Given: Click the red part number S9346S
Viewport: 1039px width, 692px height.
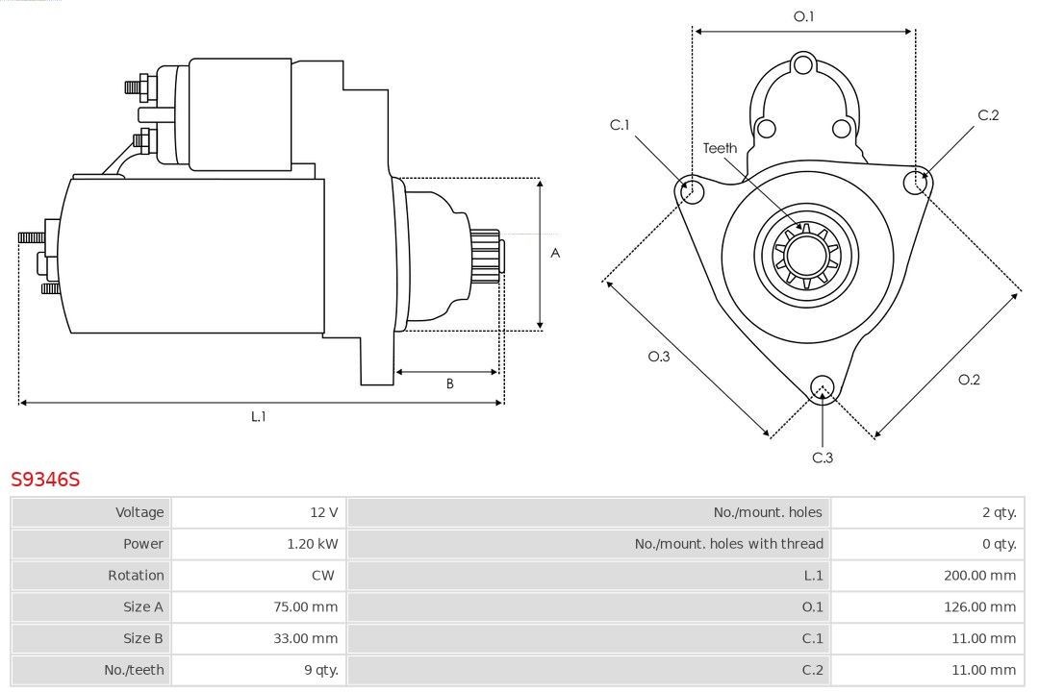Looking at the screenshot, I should pos(45,479).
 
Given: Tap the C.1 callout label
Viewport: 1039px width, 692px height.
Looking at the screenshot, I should pos(620,125).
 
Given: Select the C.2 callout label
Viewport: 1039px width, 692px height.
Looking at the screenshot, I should pos(988,115).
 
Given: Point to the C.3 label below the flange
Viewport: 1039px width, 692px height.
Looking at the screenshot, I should pos(822,457).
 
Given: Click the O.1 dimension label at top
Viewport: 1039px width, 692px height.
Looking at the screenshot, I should pos(803,16).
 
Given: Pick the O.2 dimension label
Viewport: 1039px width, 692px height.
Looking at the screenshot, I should pos(969,380).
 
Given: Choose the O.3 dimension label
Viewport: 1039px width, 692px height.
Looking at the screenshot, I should pos(658,357).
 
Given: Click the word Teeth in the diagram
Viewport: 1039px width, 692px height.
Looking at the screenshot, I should pos(720,148).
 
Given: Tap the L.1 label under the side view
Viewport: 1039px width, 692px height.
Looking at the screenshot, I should pos(258,416).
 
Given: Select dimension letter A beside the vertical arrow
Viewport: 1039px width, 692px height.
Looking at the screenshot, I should pos(555,254).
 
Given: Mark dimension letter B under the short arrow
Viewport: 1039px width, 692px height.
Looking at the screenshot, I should pos(449,383).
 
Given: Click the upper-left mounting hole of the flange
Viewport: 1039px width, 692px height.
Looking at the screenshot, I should pos(691,190).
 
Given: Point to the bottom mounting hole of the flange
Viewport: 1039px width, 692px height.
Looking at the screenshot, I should pos(822,387).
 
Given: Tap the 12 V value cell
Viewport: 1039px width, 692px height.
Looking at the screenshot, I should pos(323,512).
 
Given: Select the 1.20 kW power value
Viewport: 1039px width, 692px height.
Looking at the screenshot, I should pos(312,544).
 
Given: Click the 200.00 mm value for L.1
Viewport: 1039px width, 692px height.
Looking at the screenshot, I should pos(979,576).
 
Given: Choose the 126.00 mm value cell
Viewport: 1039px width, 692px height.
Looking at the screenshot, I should pos(979,606).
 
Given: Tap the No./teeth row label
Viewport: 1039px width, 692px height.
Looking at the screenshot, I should pos(134,670).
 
